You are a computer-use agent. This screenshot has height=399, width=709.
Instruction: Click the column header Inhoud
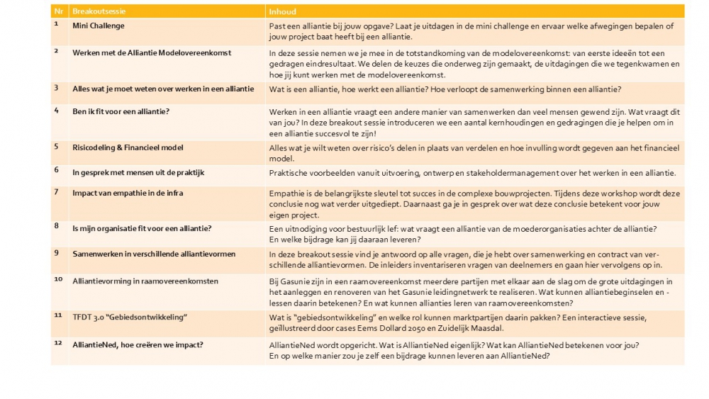pos(283,12)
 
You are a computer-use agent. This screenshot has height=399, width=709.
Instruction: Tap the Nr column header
pos(57,12)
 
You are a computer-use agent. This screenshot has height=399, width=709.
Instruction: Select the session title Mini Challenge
pos(98,26)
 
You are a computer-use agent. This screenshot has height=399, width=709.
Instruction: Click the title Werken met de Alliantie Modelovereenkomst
pos(152,52)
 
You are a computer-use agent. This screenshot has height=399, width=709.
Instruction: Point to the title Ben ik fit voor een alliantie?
pos(121,111)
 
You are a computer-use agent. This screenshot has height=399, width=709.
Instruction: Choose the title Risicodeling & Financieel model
pos(128,147)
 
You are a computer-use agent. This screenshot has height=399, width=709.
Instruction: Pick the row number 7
pos(56,191)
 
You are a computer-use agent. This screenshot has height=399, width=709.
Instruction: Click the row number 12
pos(58,344)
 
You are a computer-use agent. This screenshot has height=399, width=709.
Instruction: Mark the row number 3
pos(56,87)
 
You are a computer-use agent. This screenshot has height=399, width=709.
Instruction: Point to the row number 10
pos(58,279)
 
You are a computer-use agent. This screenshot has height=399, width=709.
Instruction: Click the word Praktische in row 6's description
pos(289,173)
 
